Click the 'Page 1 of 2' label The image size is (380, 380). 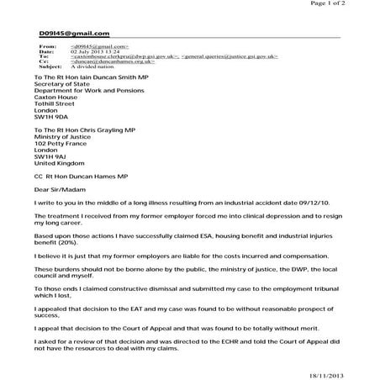pos(351,3)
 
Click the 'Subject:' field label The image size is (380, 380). pos(50,66)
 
